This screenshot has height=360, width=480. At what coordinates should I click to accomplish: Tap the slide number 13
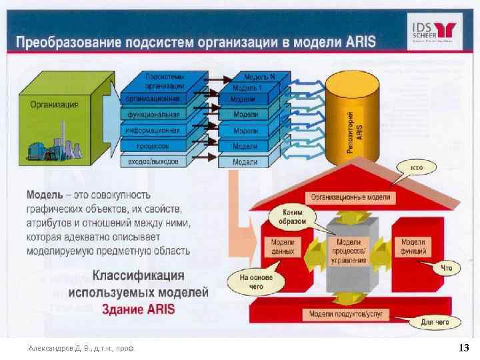pos(464,347)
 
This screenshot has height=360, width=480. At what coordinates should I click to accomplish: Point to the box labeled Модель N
pos(257,77)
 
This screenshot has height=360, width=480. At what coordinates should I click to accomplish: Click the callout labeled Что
pos(446,268)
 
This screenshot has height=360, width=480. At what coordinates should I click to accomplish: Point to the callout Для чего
pos(435,323)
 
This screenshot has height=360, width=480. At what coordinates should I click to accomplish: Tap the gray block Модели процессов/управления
pos(351,251)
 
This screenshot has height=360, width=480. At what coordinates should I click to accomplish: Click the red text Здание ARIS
pos(138,309)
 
